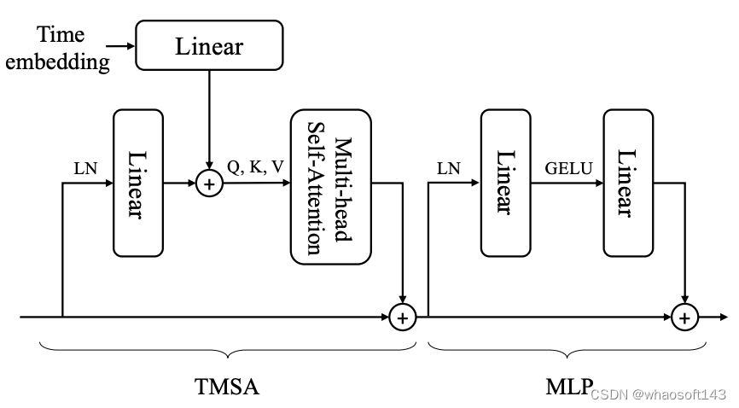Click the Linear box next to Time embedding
tap(209, 46)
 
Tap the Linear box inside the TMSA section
tap(138, 183)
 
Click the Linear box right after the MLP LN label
tap(505, 183)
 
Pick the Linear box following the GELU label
tap(628, 183)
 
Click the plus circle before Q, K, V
tap(209, 183)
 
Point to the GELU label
tap(567, 168)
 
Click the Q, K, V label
tap(255, 167)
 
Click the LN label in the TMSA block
tap(86, 168)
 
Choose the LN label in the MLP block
tap(448, 168)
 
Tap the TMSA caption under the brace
tap(225, 388)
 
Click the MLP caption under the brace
tap(568, 388)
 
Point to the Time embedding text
tap(73, 48)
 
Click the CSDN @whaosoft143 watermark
tap(658, 394)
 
